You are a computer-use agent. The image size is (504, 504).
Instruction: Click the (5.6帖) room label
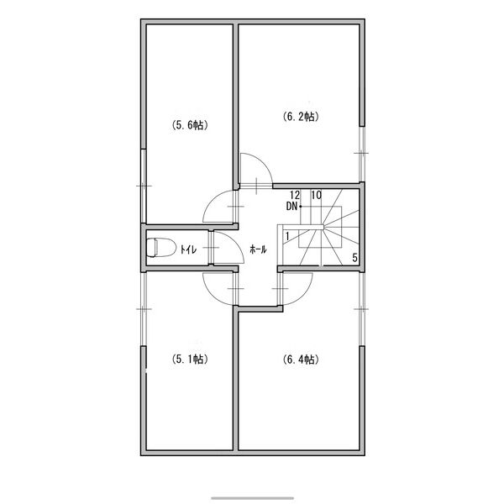coord(189,124)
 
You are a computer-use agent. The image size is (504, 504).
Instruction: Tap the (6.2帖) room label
coord(301,117)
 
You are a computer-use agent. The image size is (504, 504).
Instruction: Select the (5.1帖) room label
coord(189,359)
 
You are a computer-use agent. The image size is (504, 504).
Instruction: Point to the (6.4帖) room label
coord(301,359)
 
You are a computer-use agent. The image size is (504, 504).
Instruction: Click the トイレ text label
coord(188,249)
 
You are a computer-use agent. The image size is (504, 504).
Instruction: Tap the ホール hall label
coord(258,249)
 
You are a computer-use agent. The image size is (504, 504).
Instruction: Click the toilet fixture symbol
coord(161,248)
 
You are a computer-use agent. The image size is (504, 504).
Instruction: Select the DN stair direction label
coord(291,207)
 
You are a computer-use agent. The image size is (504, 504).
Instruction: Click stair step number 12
coord(295,195)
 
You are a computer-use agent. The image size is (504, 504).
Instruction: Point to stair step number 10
coord(317,195)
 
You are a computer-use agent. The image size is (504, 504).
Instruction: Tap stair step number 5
coord(354,258)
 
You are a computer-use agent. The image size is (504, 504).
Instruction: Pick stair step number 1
coord(287,236)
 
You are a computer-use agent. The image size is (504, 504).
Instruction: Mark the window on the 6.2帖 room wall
coord(362,154)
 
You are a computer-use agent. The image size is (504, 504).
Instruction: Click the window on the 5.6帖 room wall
coord(144,186)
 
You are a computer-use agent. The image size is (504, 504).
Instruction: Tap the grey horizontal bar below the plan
coord(252,498)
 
